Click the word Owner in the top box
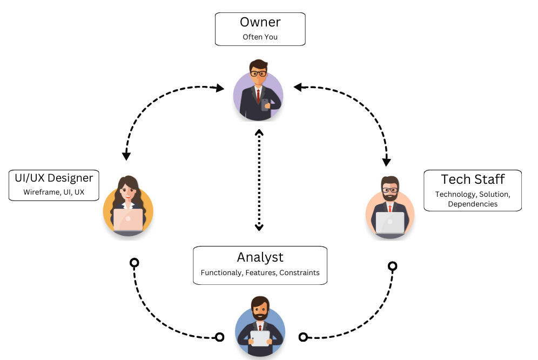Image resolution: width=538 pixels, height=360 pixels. [260, 23]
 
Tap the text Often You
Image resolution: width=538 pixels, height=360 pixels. [260, 37]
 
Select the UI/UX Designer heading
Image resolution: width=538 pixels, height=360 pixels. [54, 178]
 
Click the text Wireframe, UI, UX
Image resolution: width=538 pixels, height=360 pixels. [53, 192]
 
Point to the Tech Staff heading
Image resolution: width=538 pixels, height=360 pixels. [473, 179]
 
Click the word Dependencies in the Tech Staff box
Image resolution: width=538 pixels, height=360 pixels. [473, 204]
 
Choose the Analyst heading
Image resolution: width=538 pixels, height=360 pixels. [260, 257]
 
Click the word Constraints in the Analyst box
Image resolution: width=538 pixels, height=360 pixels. [300, 272]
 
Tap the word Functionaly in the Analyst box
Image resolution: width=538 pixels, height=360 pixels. [221, 272]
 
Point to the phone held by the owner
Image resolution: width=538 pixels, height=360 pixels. [265, 104]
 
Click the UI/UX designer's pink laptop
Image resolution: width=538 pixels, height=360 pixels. [128, 219]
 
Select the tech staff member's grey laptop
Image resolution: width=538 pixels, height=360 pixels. [389, 222]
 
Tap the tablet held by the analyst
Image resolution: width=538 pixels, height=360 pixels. [260, 338]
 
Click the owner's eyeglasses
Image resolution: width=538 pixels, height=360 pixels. [258, 73]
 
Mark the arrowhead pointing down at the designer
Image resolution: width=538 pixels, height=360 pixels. [126, 156]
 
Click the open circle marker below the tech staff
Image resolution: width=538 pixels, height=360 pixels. [393, 266]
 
